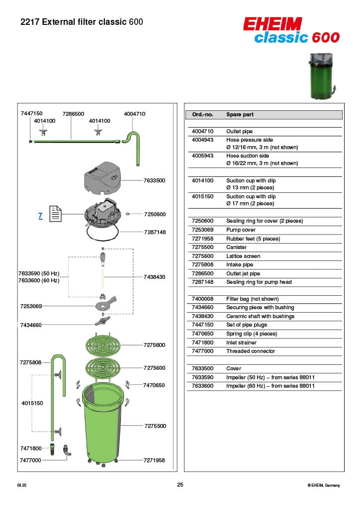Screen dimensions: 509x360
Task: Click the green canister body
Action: pyautogui.click(x=102, y=423)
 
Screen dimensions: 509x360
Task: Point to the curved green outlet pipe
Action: pyautogui.click(x=133, y=145)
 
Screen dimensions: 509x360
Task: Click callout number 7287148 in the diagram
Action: pyautogui.click(x=155, y=232)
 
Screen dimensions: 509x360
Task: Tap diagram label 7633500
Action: pyautogui.click(x=155, y=180)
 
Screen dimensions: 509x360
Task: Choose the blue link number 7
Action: pyautogui.click(x=40, y=216)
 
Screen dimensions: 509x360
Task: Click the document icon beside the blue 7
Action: pyautogui.click(x=55, y=215)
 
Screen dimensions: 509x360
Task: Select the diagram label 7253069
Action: pyautogui.click(x=31, y=306)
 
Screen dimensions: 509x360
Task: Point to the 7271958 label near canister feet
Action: pyautogui.click(x=154, y=460)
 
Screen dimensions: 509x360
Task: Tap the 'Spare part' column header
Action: pyautogui.click(x=240, y=115)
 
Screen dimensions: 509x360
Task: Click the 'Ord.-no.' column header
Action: pyautogui.click(x=202, y=115)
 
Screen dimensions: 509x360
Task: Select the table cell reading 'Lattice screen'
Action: pyautogui.click(x=243, y=256)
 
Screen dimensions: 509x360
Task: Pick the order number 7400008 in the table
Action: pyautogui.click(x=202, y=299)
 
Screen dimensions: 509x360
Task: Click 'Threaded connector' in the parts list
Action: pyautogui.click(x=251, y=351)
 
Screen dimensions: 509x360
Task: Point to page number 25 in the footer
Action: pyautogui.click(x=180, y=485)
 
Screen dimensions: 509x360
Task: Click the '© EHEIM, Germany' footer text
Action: pyautogui.click(x=324, y=485)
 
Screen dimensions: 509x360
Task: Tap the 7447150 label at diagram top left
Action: pyautogui.click(x=31, y=114)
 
